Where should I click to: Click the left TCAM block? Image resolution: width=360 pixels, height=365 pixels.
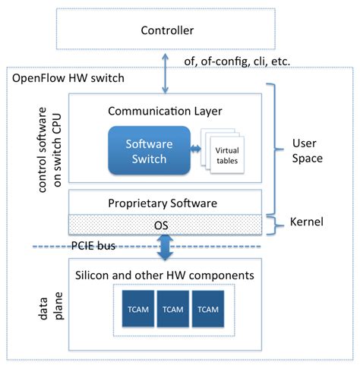[x=137, y=309]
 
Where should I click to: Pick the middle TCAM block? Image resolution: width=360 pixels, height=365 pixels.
[x=174, y=309]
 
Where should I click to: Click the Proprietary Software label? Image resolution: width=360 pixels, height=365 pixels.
[x=165, y=203]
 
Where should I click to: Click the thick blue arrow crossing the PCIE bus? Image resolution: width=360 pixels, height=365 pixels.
[x=166, y=247]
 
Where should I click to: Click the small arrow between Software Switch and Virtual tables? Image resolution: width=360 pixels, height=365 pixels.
[x=194, y=149]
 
